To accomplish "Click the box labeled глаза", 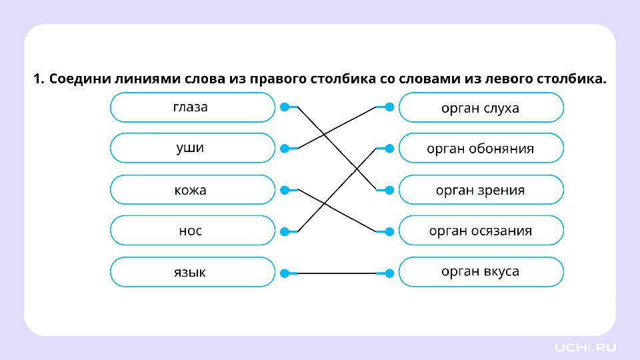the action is coord(193,107).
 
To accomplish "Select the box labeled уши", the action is coord(193,148).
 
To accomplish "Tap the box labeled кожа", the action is coord(193,190).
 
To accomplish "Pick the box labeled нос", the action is coord(193,231).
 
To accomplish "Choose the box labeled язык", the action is coord(193,272).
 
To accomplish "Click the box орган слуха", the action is coord(481,107).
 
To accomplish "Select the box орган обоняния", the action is coord(481,148).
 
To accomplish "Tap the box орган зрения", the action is coord(481,190).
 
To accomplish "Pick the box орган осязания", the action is coord(481,231).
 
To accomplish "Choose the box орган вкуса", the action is coord(481,272).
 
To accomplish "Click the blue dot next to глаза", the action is coord(285,107).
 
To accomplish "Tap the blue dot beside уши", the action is coord(285,149).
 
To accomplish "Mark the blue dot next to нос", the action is coord(285,232).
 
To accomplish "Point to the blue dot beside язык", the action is coord(285,273).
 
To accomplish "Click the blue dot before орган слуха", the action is coord(389,107).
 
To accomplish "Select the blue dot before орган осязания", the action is coord(389,232).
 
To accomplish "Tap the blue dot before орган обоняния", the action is coord(389,149).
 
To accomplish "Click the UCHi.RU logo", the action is coord(585,347).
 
